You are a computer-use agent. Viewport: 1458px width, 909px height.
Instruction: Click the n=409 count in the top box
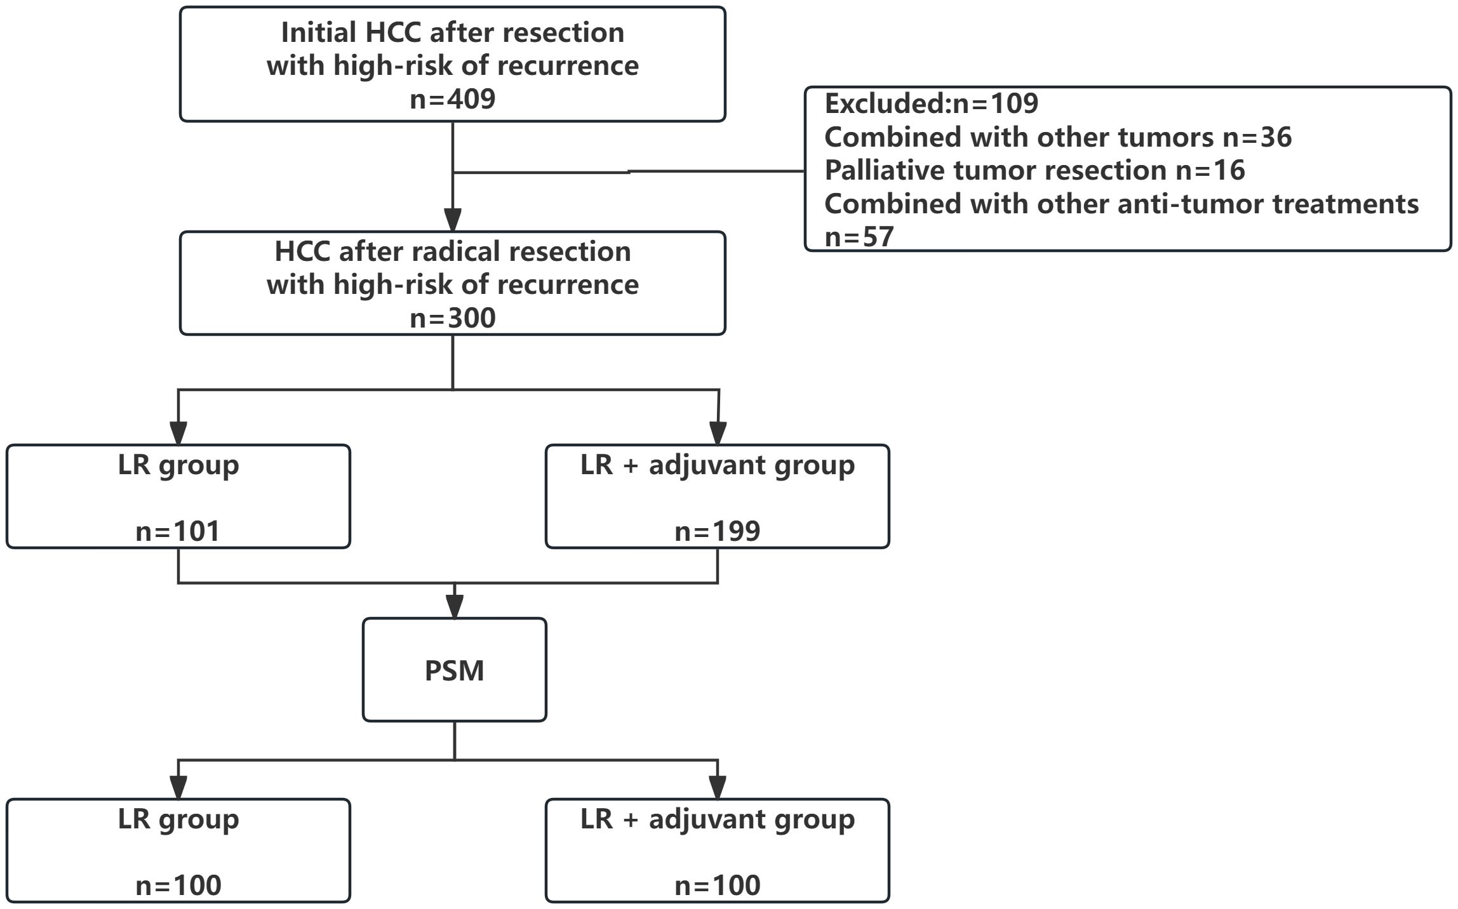pos(452,100)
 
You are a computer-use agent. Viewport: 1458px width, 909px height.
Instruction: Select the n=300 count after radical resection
pos(452,318)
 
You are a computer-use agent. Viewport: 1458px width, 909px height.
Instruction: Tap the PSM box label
pos(454,671)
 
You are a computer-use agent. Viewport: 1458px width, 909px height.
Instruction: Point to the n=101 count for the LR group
pos(178,531)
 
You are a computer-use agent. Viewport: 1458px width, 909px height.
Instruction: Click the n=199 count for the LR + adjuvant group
pos(717,531)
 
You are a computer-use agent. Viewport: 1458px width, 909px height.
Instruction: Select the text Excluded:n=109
pos(931,103)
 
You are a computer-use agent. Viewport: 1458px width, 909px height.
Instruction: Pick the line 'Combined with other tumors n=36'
pos(1057,137)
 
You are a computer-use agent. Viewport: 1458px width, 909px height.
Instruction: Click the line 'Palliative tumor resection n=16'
pos(1034,170)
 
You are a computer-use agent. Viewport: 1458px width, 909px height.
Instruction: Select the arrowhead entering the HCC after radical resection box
pos(452,220)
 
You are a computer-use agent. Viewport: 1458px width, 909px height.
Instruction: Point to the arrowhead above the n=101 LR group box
pos(178,433)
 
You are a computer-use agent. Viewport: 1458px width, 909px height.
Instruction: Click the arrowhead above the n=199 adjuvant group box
pos(718,433)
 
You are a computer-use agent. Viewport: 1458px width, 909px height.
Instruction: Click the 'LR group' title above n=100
pos(178,819)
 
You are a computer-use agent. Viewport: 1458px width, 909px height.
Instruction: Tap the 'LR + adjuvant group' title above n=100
pos(717,819)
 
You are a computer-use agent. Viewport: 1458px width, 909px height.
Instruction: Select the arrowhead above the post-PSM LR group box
pos(178,787)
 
